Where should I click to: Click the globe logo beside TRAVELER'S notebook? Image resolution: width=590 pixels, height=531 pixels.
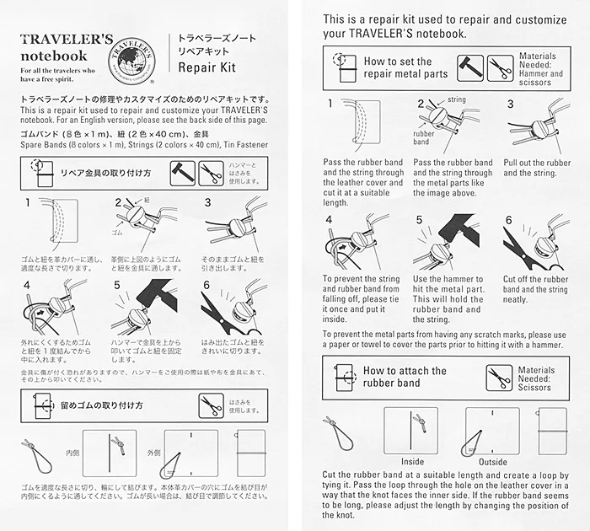(131, 60)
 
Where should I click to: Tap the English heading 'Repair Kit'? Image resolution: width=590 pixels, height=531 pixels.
(207, 67)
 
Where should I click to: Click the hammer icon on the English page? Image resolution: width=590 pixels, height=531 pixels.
(470, 68)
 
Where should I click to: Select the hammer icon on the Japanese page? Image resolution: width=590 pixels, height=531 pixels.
(183, 174)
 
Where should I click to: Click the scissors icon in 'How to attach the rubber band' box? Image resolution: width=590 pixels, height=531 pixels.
(499, 378)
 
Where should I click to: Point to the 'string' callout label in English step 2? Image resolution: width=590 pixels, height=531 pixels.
(457, 99)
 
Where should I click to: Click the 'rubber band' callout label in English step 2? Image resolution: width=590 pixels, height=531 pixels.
(423, 137)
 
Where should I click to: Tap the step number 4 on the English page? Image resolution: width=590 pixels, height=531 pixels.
(329, 219)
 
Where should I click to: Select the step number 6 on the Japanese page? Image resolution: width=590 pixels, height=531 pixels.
(206, 285)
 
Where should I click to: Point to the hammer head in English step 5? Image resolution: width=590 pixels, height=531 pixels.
(459, 228)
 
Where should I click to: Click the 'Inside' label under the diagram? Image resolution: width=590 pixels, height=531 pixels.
(412, 462)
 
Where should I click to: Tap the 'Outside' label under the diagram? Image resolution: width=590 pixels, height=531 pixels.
(493, 462)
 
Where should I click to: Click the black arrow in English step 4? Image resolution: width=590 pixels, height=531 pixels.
(342, 248)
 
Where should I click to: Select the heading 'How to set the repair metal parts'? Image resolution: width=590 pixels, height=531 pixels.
(405, 67)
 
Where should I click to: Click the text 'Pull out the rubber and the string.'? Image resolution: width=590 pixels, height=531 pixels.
(537, 168)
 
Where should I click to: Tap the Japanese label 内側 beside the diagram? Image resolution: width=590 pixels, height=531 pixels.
(72, 453)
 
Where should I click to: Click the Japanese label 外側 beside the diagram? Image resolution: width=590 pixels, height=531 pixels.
(154, 453)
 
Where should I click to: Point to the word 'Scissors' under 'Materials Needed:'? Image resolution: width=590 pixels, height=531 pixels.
(534, 388)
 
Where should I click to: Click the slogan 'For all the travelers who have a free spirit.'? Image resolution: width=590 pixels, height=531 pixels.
(57, 75)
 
